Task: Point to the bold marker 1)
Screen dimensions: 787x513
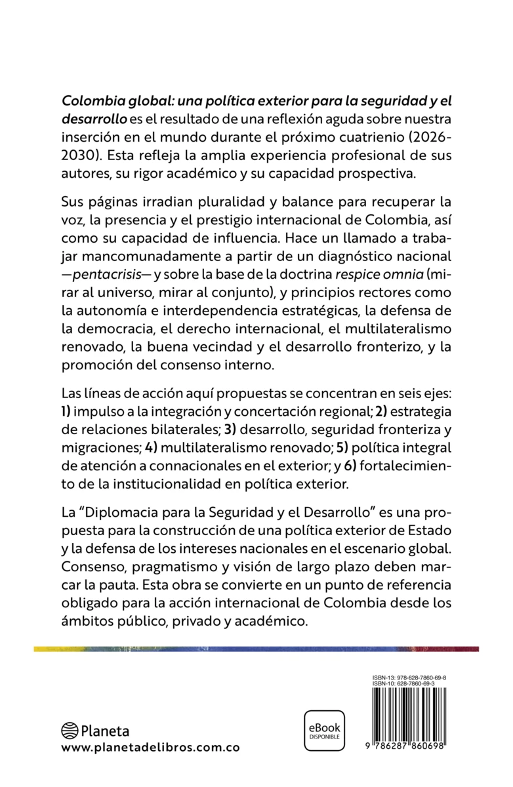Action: click(68, 413)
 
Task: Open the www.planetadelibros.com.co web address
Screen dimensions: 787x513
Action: click(150, 748)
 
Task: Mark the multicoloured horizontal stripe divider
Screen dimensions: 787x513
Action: click(256, 649)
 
